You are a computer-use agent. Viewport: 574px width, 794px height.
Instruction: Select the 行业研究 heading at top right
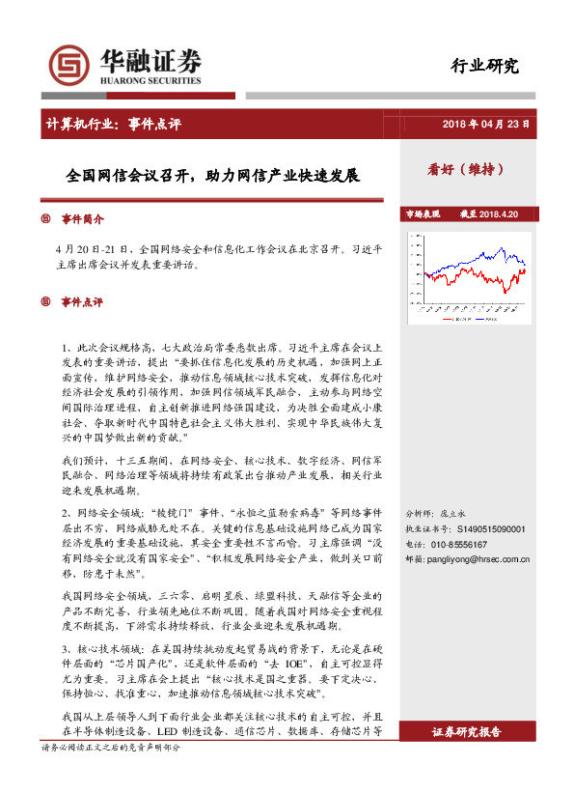[x=485, y=67]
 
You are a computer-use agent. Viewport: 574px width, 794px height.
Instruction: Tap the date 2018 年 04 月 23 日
[x=487, y=125]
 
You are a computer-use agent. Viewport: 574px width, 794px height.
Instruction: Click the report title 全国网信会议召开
[x=212, y=178]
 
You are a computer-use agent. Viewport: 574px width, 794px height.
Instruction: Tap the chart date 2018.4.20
[x=499, y=213]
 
